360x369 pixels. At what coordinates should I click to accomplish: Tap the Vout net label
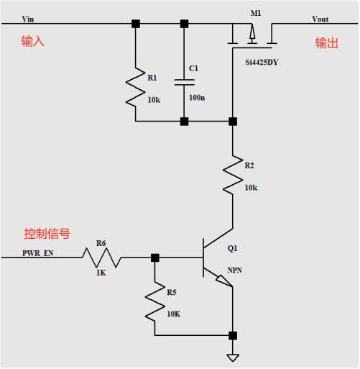point(320,19)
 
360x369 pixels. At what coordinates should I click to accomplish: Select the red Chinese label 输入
point(33,42)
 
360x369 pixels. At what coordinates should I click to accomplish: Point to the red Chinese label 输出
point(326,43)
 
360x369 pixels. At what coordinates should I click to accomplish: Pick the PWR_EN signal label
point(37,253)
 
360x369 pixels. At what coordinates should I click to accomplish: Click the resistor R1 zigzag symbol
point(135,86)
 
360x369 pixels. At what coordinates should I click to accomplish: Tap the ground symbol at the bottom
point(233,357)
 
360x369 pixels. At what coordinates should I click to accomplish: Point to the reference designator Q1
point(232,248)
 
